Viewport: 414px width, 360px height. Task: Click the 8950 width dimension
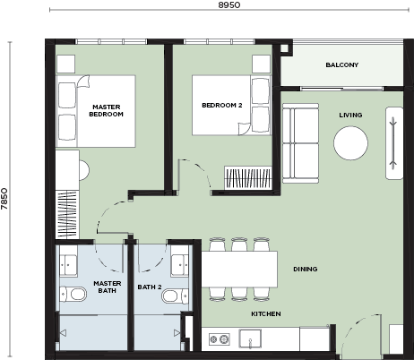(229, 4)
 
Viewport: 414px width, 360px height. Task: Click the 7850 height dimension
(4, 199)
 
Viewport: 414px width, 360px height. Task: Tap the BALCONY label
(342, 64)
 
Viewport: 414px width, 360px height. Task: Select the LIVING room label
(350, 115)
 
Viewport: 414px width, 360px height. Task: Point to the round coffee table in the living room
(350, 143)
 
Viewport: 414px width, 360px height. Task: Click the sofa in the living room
(300, 143)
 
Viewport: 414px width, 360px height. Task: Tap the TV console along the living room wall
(394, 143)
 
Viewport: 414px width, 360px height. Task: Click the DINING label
(305, 269)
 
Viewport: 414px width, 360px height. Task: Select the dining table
(239, 270)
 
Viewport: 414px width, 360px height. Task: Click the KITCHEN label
(266, 313)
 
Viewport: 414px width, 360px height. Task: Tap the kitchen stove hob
(220, 339)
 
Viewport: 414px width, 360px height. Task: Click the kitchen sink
(250, 339)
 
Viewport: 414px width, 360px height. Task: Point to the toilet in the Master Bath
(73, 295)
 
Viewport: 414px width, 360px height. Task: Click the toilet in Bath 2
(175, 296)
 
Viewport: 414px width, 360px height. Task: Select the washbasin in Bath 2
(179, 265)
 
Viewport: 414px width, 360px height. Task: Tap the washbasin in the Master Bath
(69, 265)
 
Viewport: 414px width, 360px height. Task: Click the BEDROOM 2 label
(222, 105)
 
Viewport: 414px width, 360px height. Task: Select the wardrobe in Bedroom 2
(248, 178)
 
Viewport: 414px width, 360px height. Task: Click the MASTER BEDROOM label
(106, 110)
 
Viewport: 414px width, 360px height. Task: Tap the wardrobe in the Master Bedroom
(67, 214)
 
